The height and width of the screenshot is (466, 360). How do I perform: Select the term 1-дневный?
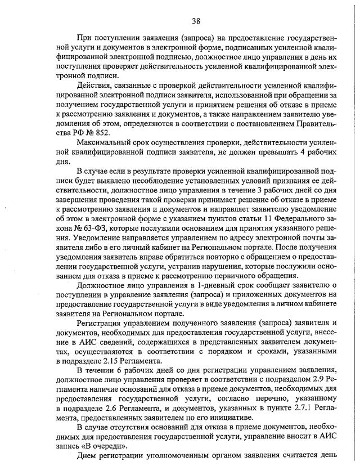tap(170, 285)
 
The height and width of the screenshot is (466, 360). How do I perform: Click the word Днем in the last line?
tap(87, 455)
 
